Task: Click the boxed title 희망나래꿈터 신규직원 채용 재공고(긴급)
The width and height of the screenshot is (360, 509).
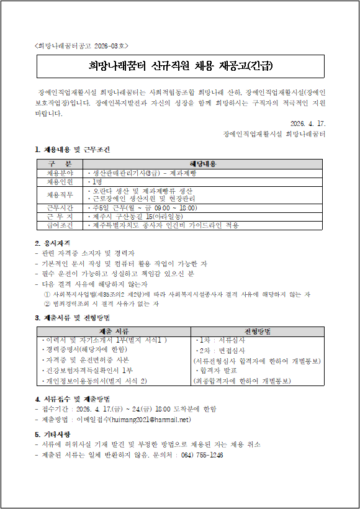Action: pos(179,66)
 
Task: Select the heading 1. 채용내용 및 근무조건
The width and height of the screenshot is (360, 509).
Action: pos(73,150)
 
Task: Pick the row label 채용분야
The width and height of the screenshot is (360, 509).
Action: pos(60,173)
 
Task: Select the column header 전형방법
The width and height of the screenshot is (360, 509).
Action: pos(257,331)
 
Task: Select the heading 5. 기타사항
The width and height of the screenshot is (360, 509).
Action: pos(52,434)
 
